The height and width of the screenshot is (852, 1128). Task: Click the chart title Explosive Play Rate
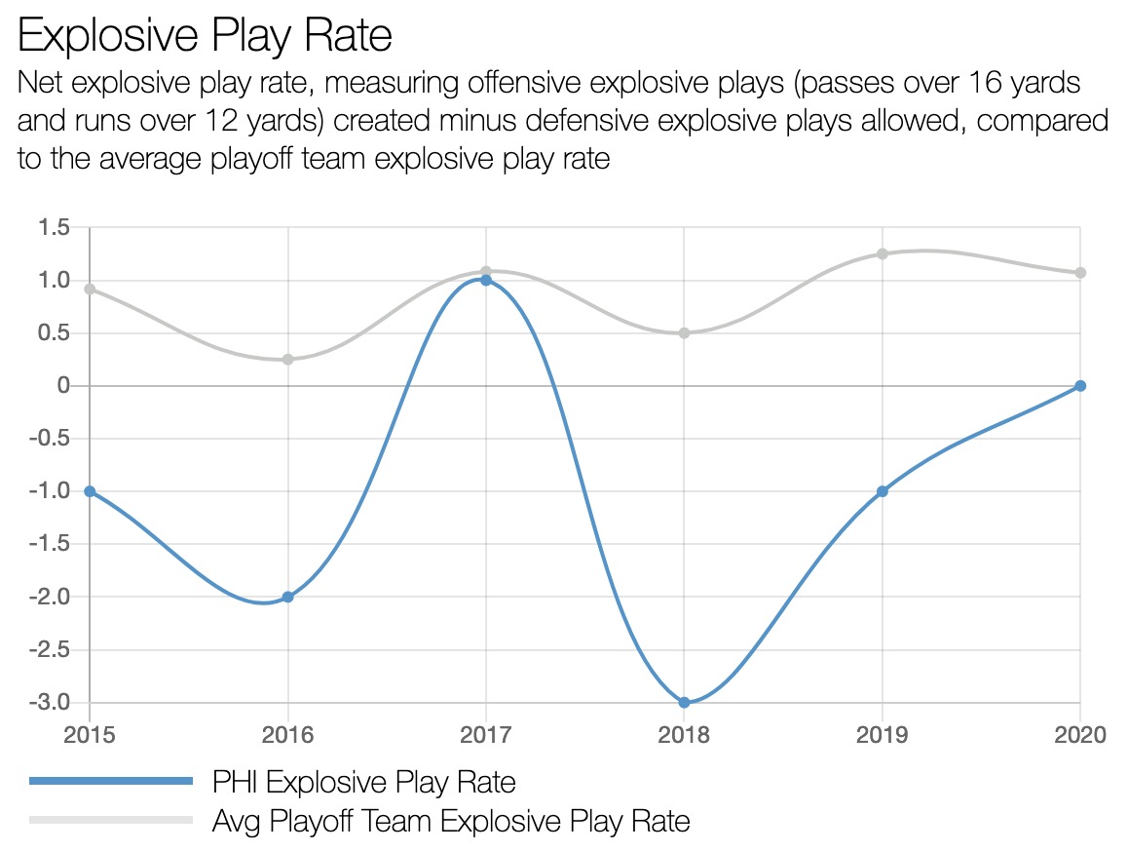tap(206, 36)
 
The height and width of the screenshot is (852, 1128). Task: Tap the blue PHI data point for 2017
tap(486, 281)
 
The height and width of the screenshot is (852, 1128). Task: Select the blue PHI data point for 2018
tap(684, 702)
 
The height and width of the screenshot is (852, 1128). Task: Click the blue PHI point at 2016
tap(288, 597)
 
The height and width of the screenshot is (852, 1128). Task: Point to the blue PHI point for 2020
tap(1079, 386)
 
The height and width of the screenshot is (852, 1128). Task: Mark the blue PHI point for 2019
tap(882, 491)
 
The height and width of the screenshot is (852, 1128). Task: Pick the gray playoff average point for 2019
tap(882, 254)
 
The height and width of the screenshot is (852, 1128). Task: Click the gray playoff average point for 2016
tap(288, 360)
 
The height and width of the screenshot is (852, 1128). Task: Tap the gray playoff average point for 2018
tap(684, 333)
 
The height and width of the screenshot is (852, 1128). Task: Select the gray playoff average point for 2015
tap(90, 289)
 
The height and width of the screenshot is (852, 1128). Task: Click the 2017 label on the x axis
tap(486, 734)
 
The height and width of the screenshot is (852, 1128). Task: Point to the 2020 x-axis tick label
tap(1079, 734)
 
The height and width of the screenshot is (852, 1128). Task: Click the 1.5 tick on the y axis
tap(55, 228)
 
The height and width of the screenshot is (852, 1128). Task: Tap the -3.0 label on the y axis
tap(52, 702)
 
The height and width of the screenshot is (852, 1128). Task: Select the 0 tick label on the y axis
tap(64, 386)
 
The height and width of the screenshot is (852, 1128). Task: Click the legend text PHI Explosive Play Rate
tap(363, 781)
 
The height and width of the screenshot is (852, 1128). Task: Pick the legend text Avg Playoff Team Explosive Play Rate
tap(451, 821)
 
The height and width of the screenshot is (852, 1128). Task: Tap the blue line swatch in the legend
tap(111, 781)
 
